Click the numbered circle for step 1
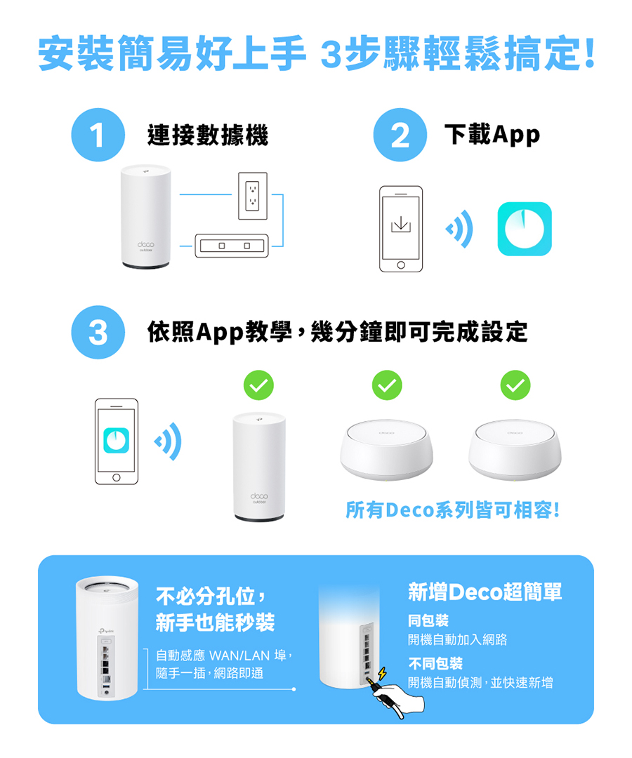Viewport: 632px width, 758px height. (x=98, y=135)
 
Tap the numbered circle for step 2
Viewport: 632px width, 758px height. (x=400, y=135)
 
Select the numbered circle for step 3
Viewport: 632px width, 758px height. (x=98, y=332)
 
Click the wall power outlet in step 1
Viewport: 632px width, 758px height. (x=252, y=196)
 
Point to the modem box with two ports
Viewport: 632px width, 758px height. (x=232, y=246)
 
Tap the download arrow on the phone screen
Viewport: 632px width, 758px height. (x=400, y=224)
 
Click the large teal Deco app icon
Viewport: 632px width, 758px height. (x=525, y=229)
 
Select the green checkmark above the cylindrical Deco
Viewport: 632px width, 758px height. (x=258, y=385)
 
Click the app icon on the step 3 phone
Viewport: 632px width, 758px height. (x=116, y=440)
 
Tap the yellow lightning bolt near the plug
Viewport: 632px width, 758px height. (x=382, y=672)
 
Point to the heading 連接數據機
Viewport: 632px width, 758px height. (x=208, y=135)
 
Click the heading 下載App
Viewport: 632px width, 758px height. (x=492, y=134)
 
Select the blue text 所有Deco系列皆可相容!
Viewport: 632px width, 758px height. (x=453, y=510)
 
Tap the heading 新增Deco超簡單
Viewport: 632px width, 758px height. (x=485, y=592)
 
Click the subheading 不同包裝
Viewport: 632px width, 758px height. (x=435, y=663)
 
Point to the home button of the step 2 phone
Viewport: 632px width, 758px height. (x=401, y=265)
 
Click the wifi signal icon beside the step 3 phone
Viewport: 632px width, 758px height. (x=168, y=441)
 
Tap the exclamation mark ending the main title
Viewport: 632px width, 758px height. (x=589, y=53)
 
